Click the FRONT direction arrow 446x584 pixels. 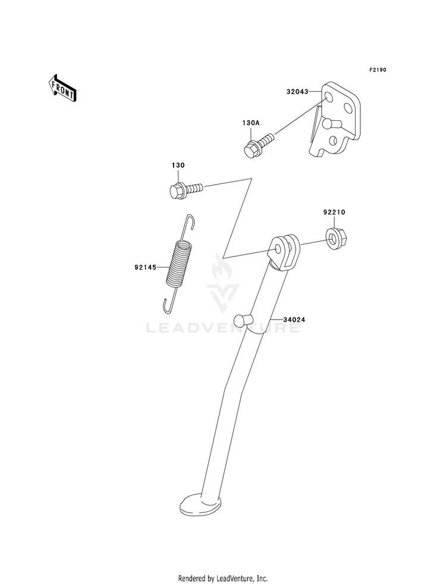(62, 88)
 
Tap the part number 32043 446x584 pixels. (298, 92)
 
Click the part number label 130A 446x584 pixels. (250, 123)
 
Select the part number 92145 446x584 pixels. (145, 267)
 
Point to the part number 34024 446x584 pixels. (294, 320)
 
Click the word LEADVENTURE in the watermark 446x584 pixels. (223, 327)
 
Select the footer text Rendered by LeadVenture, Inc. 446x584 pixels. (223, 578)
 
